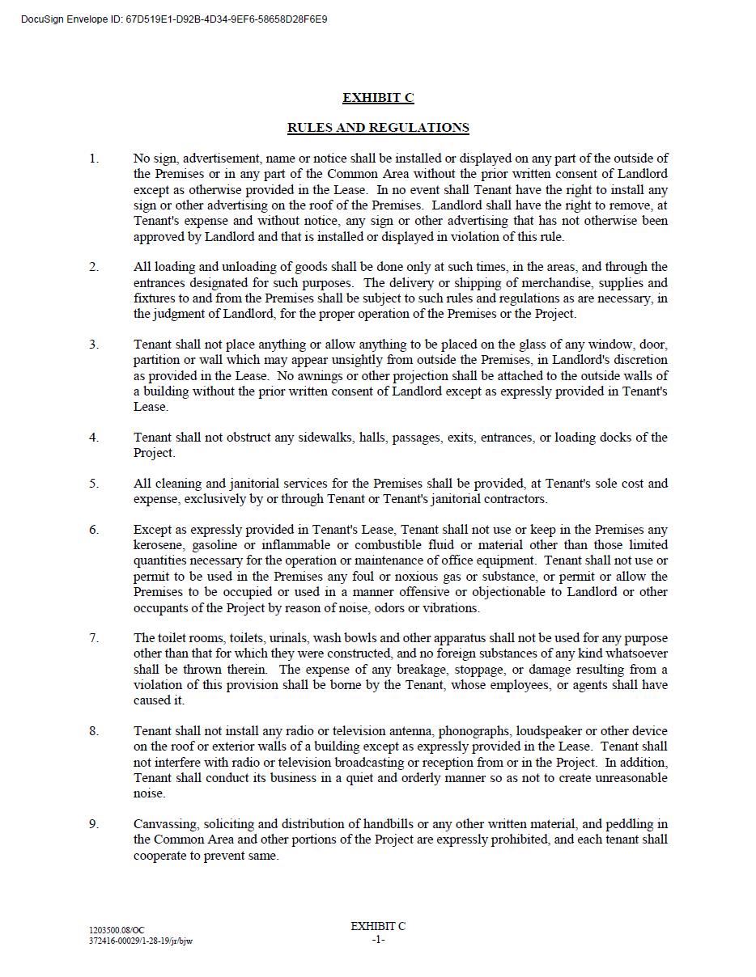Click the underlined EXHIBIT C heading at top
pyautogui.click(x=378, y=98)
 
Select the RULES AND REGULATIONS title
pyautogui.click(x=378, y=128)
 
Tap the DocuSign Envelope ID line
pyautogui.click(x=174, y=19)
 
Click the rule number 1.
pyautogui.click(x=94, y=159)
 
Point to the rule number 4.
pyautogui.click(x=94, y=438)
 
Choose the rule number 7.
pyautogui.click(x=94, y=638)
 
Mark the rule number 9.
pyautogui.click(x=94, y=824)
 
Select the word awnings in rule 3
pyautogui.click(x=321, y=376)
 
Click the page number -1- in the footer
pyautogui.click(x=378, y=940)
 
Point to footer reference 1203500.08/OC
pyautogui.click(x=117, y=931)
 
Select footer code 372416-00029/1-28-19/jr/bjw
pyautogui.click(x=141, y=941)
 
